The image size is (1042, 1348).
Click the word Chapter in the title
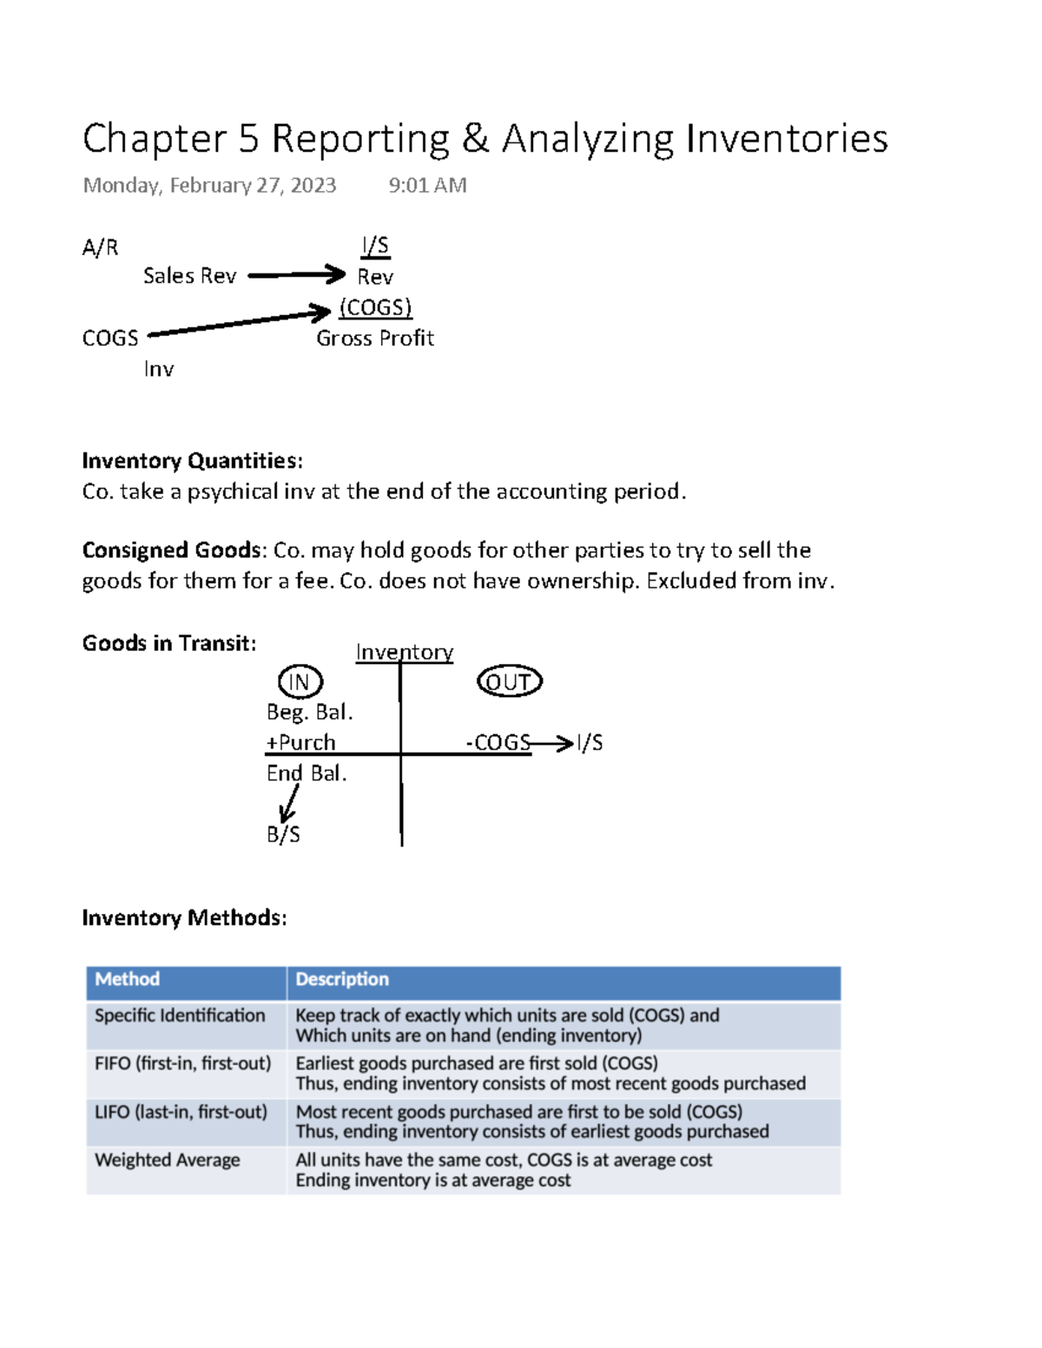(155, 139)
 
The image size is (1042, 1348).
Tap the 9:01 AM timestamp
(427, 185)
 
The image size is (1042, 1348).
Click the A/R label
(100, 247)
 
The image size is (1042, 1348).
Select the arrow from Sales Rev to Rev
(296, 275)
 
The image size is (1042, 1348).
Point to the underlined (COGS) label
(375, 307)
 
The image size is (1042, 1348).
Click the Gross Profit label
(374, 338)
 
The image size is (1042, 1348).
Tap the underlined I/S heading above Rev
(375, 246)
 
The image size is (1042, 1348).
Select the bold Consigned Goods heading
(171, 550)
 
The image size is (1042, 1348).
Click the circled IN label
(300, 682)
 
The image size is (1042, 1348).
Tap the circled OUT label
(510, 682)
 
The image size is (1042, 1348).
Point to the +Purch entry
(300, 743)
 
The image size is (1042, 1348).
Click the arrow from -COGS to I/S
(552, 743)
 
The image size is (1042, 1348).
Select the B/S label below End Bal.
(283, 834)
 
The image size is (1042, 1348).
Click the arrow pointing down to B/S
(288, 804)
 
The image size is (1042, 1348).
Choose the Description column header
(342, 979)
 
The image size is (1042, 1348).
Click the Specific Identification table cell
(180, 1016)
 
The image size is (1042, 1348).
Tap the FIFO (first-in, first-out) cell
(182, 1063)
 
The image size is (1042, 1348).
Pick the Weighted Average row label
(168, 1161)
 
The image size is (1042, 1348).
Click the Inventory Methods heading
(184, 917)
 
